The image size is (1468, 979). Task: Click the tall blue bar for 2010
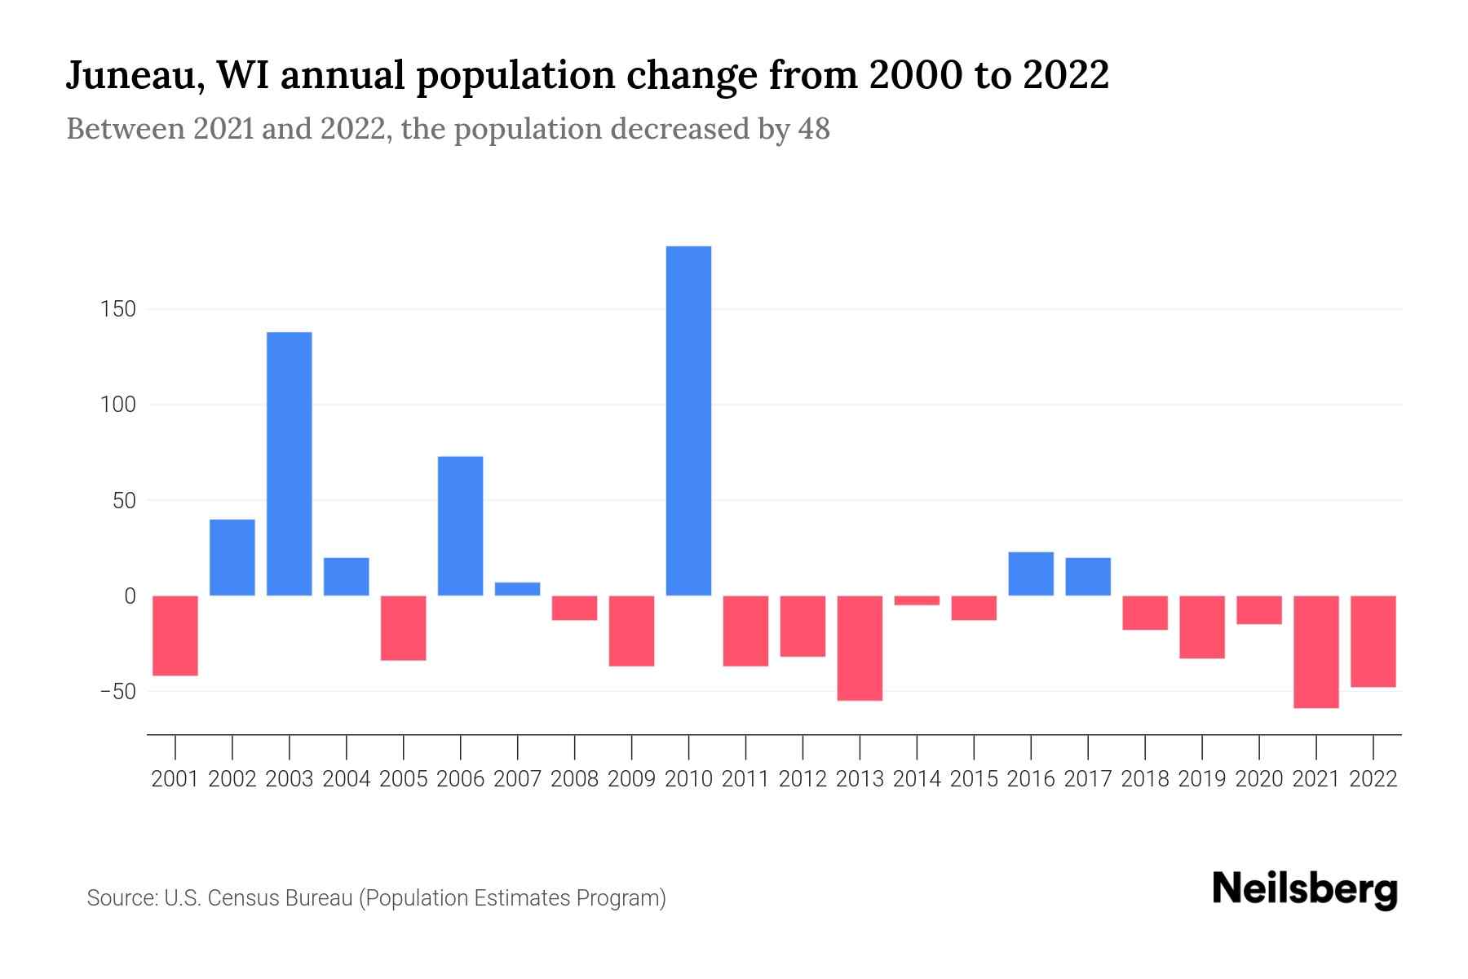click(688, 420)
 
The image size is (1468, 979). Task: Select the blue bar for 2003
click(289, 463)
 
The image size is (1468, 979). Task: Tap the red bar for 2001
click(175, 636)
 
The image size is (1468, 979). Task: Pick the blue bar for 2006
click(460, 525)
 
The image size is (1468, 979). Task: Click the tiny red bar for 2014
click(917, 600)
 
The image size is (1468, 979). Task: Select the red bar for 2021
click(1315, 651)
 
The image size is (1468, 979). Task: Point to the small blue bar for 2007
click(517, 589)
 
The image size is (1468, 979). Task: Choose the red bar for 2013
click(860, 648)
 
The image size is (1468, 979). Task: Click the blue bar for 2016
click(1031, 574)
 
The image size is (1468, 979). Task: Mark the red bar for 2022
click(1373, 641)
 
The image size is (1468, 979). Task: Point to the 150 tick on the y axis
click(119, 310)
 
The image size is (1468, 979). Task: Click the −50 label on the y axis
click(117, 692)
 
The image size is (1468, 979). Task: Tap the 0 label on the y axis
click(130, 596)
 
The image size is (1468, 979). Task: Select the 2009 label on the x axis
click(631, 779)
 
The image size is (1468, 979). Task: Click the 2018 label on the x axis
click(1144, 779)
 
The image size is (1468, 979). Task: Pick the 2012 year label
click(803, 779)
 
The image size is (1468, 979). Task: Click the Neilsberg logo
click(1305, 889)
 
